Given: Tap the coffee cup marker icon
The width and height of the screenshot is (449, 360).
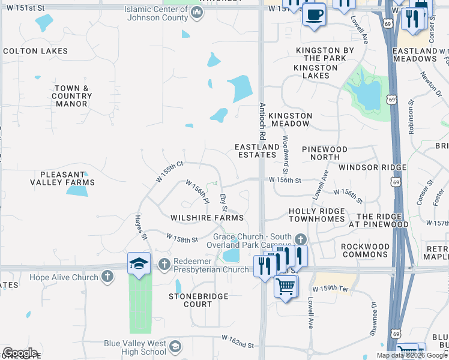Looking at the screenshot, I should tap(313, 15).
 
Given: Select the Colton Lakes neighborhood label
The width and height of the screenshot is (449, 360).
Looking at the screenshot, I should tap(37, 52).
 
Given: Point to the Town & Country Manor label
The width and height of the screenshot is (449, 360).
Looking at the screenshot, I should tap(72, 96).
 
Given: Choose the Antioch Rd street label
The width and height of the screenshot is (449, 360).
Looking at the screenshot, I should tap(262, 116).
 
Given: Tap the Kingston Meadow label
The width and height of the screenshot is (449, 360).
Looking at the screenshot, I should tap(291, 119).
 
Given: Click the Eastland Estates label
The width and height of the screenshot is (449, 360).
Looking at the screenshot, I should tap(257, 151).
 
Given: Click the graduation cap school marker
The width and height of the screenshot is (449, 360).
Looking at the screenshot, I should tap(139, 265).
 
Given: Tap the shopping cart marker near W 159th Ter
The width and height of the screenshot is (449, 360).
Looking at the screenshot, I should tap(286, 287).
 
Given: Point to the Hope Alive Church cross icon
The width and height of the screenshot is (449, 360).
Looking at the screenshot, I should tap(107, 277).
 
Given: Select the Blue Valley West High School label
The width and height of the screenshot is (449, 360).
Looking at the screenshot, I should tap(135, 347).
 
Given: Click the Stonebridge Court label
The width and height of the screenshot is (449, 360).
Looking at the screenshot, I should tap(191, 300).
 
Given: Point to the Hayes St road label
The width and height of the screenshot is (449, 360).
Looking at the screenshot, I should tap(141, 228).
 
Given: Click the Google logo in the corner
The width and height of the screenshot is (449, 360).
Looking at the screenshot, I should tap(20, 353).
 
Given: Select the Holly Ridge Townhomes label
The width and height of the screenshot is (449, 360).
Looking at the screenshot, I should tap(317, 215).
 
